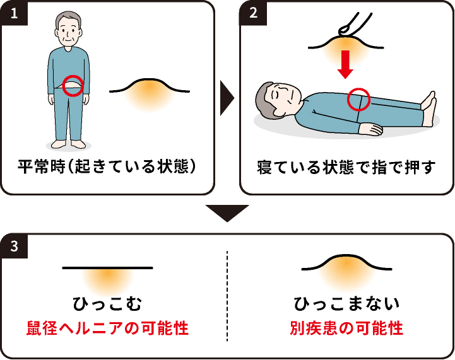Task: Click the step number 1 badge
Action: point(14,13)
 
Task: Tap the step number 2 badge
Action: point(253,13)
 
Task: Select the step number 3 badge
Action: point(14,246)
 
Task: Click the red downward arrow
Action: point(345,64)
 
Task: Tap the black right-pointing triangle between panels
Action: point(227,98)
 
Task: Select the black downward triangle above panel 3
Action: point(227,213)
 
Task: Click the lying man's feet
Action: point(428,108)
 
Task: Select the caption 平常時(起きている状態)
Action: point(107,166)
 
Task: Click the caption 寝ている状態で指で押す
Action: point(346,167)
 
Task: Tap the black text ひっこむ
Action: point(107,303)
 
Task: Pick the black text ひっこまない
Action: point(346,303)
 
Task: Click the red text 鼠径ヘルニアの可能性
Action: point(107,328)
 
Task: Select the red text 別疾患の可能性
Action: point(346,328)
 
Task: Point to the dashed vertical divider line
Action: point(227,296)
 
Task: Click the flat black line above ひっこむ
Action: point(107,268)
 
